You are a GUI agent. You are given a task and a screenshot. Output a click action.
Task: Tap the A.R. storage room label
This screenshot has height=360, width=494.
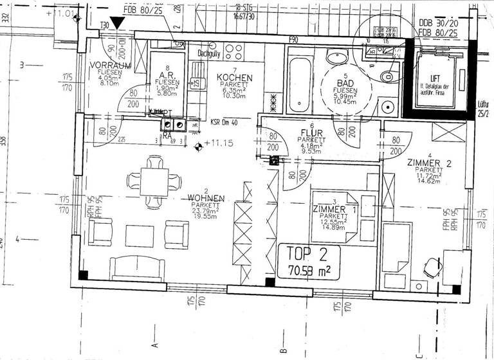163,75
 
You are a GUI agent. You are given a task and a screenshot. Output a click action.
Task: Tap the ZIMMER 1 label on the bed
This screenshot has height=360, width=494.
333,209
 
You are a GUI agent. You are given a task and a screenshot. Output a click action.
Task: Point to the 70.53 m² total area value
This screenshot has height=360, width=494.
309,269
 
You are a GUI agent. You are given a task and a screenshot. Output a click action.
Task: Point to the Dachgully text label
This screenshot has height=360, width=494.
210,54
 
